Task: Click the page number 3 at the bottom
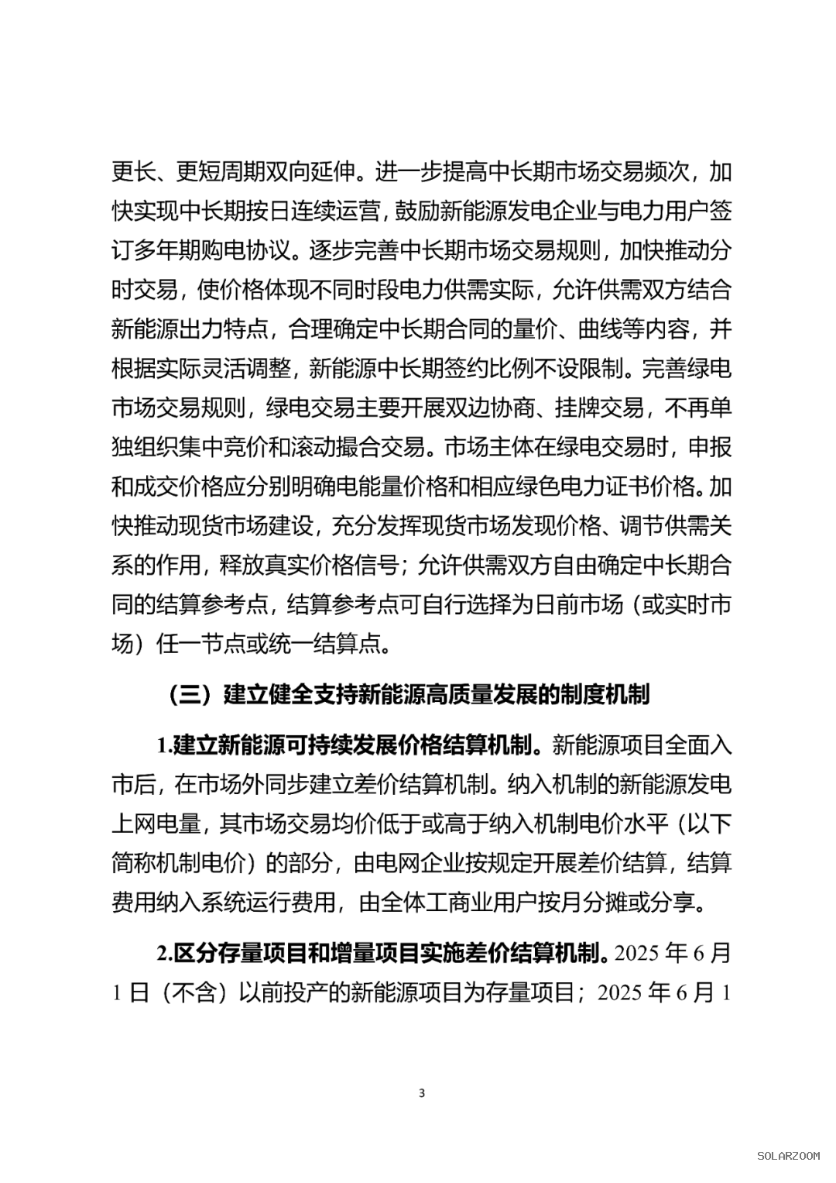[x=422, y=1093]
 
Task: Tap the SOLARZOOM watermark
[x=788, y=1156]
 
